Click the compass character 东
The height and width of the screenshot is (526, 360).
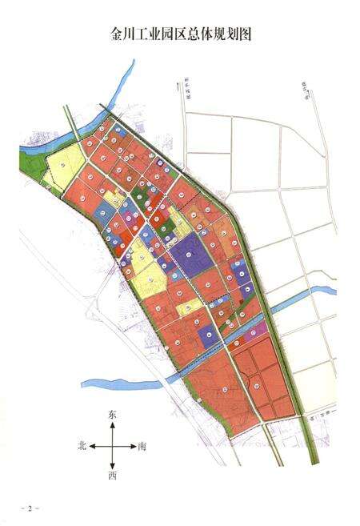(112, 415)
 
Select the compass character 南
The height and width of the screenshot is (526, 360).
(142, 445)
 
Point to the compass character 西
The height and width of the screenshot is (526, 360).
(112, 476)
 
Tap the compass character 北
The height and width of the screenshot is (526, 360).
(82, 445)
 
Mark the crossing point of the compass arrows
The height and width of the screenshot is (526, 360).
(112, 445)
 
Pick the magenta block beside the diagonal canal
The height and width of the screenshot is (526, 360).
(260, 329)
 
